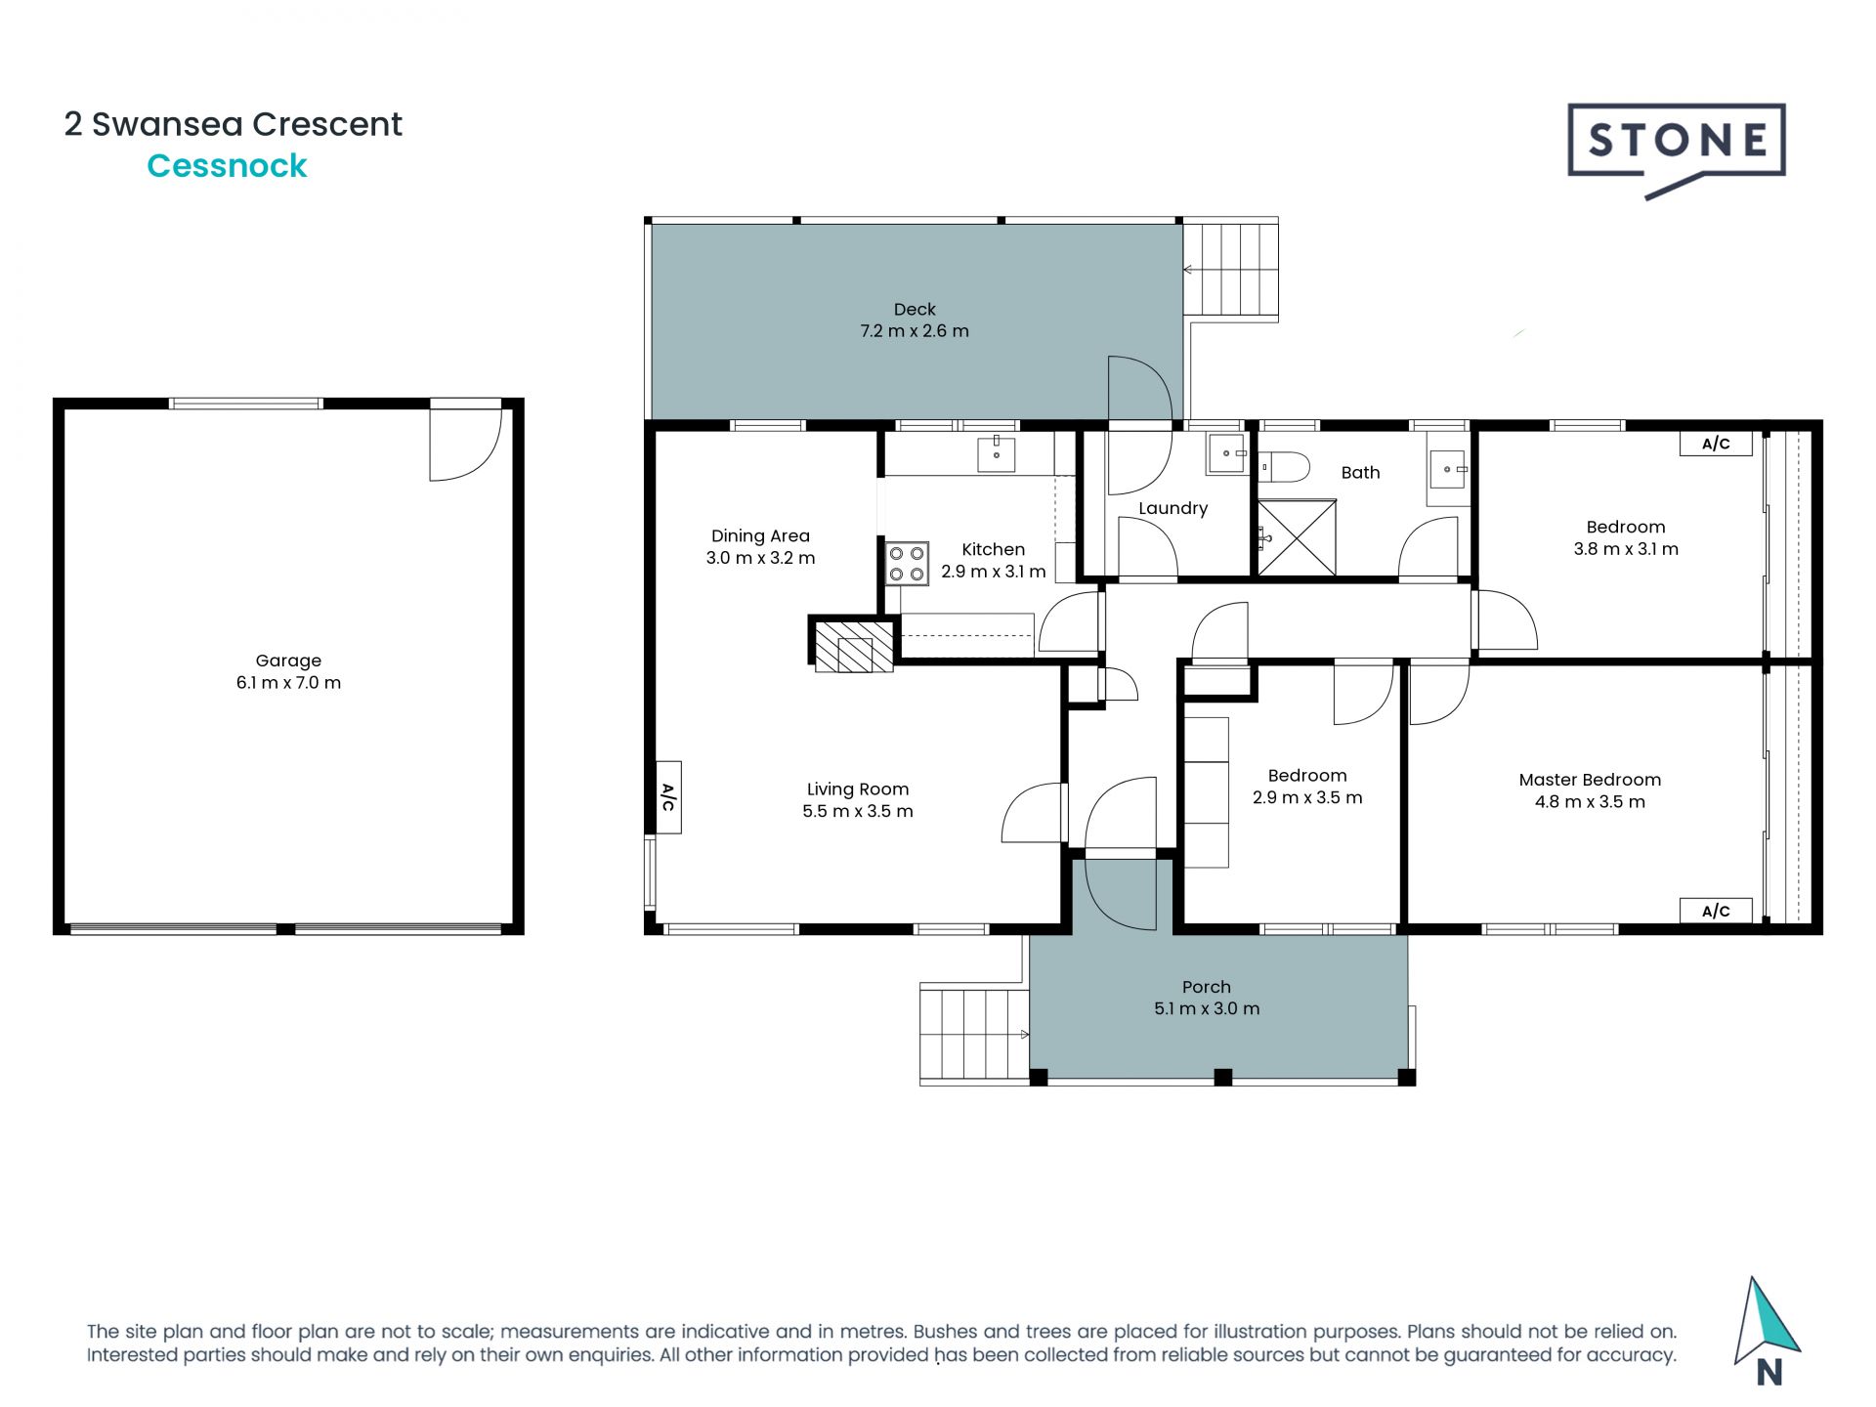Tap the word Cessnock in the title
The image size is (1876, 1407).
click(x=227, y=166)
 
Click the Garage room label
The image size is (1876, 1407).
click(x=288, y=661)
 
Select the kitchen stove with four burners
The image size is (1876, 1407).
click(x=907, y=564)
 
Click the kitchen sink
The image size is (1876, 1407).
click(x=997, y=454)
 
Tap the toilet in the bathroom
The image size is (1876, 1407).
click(x=1283, y=467)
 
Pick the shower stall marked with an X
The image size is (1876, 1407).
click(x=1296, y=538)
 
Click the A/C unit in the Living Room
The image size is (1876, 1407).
click(x=668, y=797)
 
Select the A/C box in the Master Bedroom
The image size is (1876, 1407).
click(x=1716, y=911)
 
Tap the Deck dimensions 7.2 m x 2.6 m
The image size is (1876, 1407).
click(x=915, y=331)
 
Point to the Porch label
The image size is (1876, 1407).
click(x=1207, y=987)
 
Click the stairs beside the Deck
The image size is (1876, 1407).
click(x=1231, y=270)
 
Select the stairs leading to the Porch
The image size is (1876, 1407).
click(x=974, y=1034)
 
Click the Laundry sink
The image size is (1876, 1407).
click(x=1227, y=454)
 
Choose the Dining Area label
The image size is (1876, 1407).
click(x=760, y=535)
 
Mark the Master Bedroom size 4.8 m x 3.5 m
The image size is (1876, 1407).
click(x=1590, y=802)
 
